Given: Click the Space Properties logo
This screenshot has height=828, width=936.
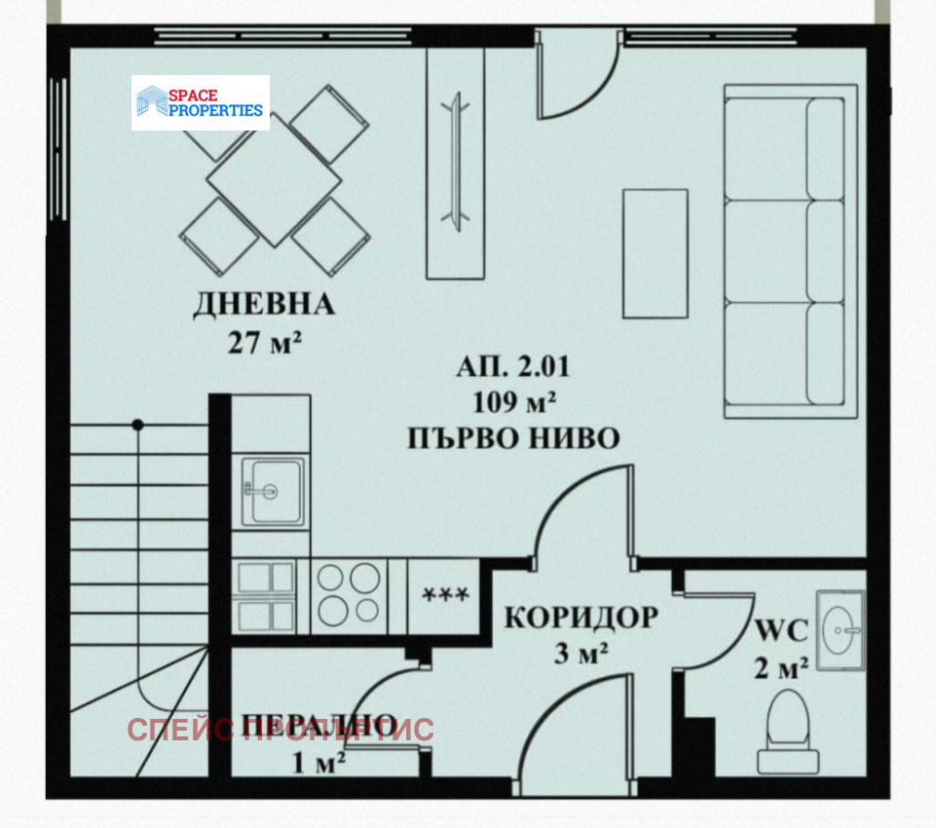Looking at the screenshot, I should (x=201, y=102).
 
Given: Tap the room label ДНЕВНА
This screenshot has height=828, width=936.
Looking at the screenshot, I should (x=263, y=305).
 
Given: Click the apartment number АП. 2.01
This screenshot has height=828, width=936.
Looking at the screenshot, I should (x=512, y=367).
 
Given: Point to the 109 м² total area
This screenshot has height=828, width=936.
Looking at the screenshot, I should (x=513, y=401).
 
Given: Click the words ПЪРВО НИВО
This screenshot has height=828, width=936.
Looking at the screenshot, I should (x=513, y=438).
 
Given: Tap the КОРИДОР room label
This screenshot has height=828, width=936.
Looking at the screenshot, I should (x=580, y=617).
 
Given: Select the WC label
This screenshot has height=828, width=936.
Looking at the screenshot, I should (x=781, y=631).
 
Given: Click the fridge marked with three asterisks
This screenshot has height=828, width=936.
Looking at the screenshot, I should (x=443, y=594).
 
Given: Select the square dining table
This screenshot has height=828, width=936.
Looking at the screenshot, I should (x=274, y=180).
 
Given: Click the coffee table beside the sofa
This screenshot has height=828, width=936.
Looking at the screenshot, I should (x=655, y=252).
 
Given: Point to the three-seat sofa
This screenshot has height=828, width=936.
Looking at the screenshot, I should (x=789, y=251).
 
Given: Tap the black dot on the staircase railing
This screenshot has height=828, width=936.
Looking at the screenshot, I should (x=138, y=425).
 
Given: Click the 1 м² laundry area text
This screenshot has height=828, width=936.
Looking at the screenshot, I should (x=318, y=763).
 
